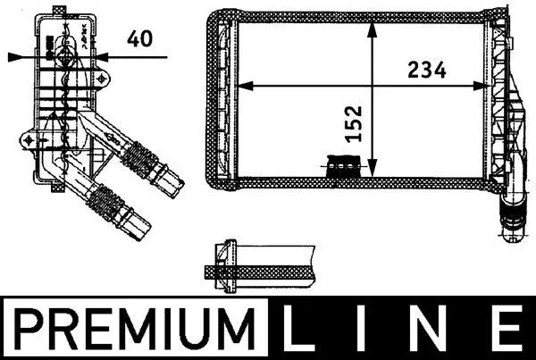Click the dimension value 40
(138, 38)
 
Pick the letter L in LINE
(304, 327)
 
